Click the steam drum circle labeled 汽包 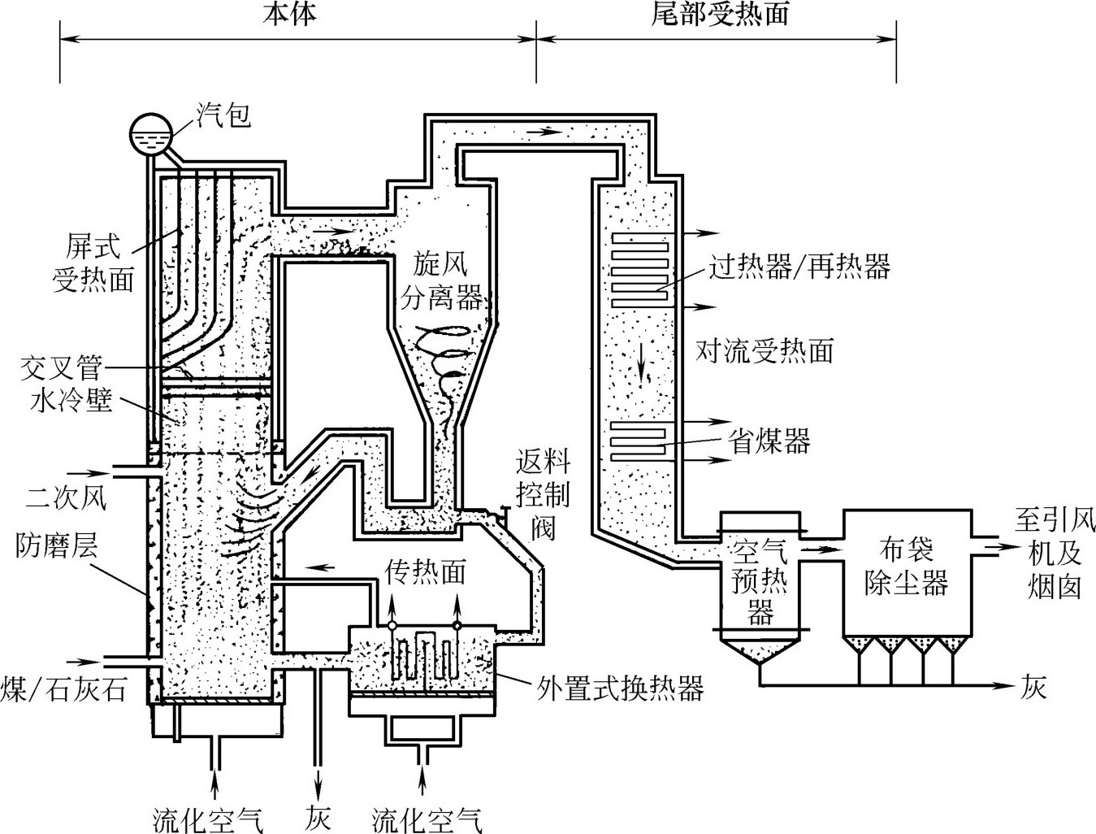(x=152, y=132)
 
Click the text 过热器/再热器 (x=799, y=267)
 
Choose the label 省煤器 (x=769, y=441)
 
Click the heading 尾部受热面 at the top (x=720, y=14)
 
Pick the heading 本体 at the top (x=289, y=14)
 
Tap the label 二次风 (x=67, y=497)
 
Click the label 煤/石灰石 (x=65, y=689)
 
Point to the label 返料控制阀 (x=543, y=495)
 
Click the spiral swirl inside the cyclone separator (x=443, y=358)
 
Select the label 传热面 (x=425, y=573)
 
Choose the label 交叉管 (x=61, y=368)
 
